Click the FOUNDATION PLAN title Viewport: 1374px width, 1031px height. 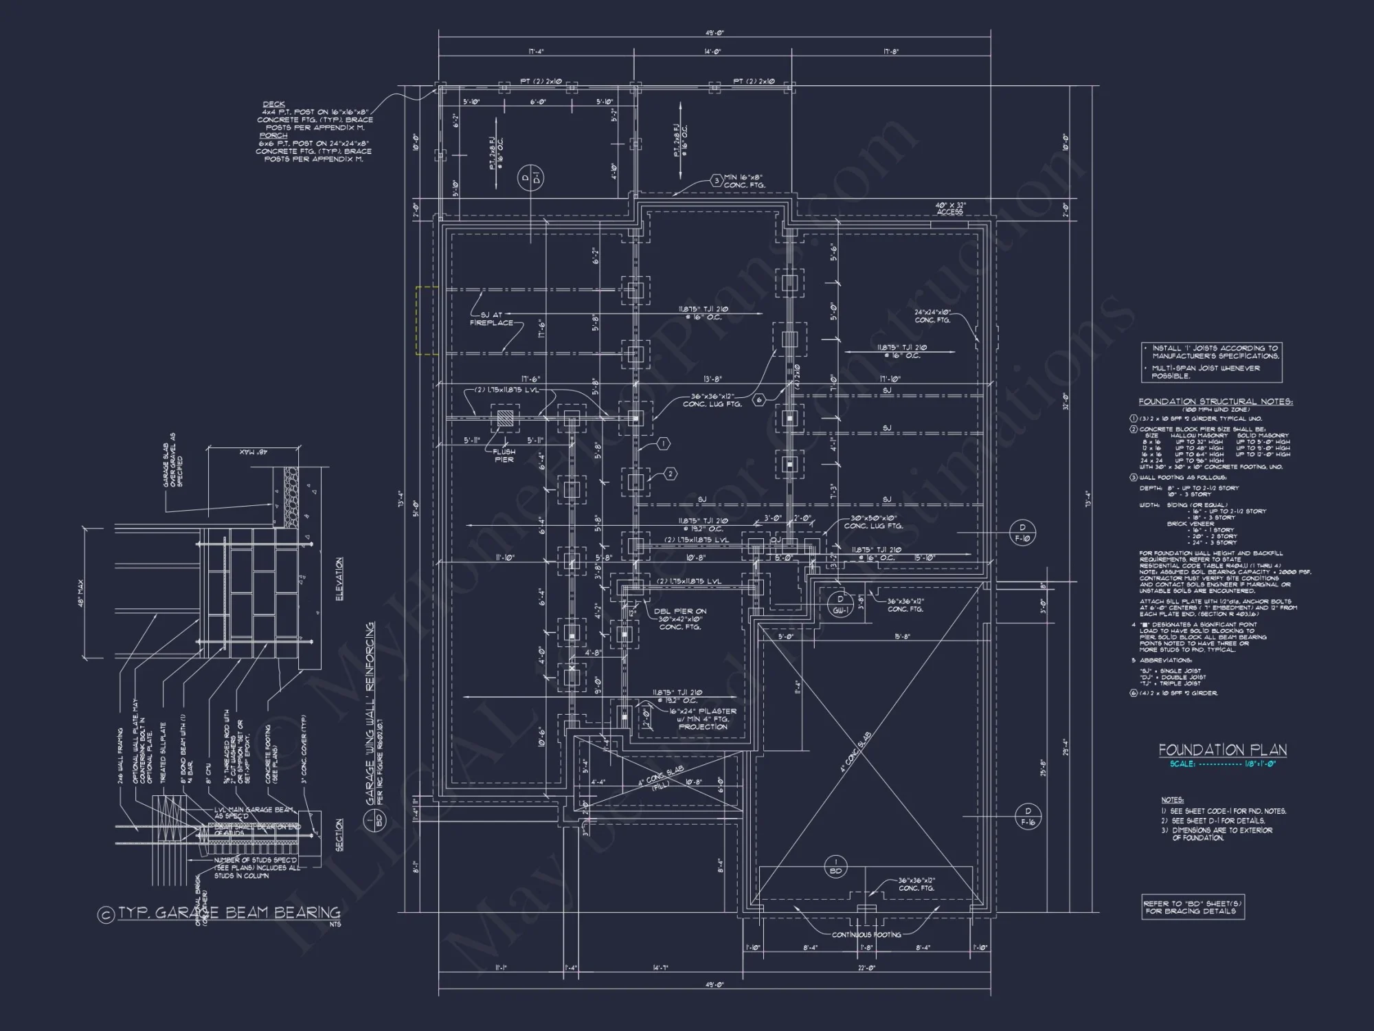(1222, 750)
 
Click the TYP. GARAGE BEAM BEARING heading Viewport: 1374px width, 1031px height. (229, 913)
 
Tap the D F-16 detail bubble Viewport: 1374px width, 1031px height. (1028, 817)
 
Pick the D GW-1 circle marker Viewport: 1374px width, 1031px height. (840, 604)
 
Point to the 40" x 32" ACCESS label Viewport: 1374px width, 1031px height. (949, 208)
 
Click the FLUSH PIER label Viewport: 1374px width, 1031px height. (504, 456)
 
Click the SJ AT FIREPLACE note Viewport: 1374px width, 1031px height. (491, 319)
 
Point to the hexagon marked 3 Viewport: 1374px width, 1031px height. (717, 181)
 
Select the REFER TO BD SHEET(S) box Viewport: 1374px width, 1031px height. (1192, 907)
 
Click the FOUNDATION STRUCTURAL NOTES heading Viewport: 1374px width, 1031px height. (1215, 401)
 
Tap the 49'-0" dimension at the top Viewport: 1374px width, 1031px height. (714, 32)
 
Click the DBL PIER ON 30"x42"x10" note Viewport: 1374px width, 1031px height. (679, 619)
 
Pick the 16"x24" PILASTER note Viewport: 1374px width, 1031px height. (702, 719)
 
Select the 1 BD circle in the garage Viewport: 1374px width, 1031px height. (836, 866)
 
